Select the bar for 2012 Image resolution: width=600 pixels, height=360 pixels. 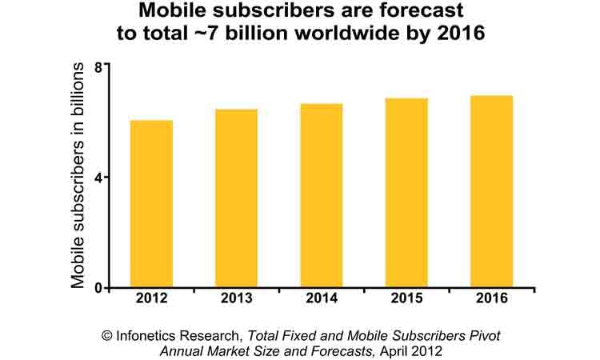click(151, 204)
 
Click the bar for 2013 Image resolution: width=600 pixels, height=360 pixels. click(236, 198)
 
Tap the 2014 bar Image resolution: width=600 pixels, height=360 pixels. click(321, 195)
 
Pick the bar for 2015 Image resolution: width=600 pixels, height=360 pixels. click(406, 193)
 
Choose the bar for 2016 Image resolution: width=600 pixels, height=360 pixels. click(491, 191)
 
